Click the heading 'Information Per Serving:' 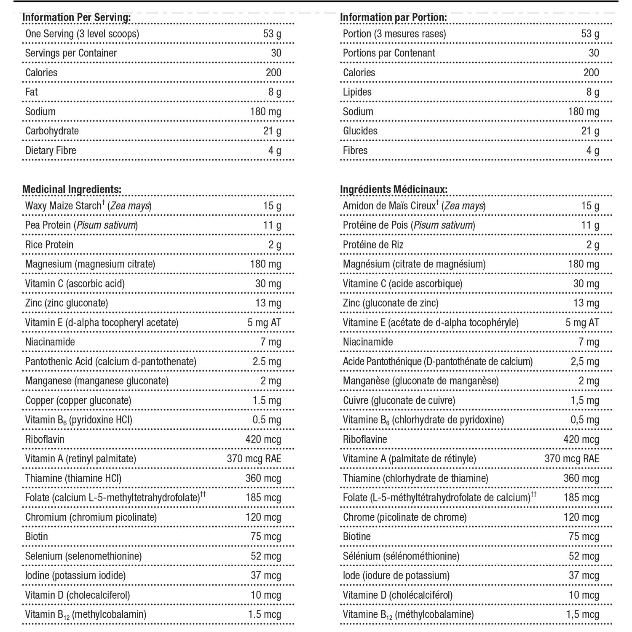click(x=76, y=17)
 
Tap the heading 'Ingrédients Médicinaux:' click(x=394, y=190)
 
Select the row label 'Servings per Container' click(x=71, y=53)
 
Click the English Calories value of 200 click(x=273, y=72)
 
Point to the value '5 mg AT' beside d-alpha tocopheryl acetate click(x=264, y=323)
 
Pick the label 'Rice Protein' click(x=49, y=245)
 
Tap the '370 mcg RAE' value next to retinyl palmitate click(x=254, y=459)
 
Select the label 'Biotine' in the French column click(x=357, y=537)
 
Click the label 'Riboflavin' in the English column click(x=45, y=439)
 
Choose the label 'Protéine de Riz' click(x=373, y=245)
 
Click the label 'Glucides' click(x=360, y=131)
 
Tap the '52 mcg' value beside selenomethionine click(x=266, y=556)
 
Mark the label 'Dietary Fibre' click(x=51, y=150)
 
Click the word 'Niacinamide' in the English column click(x=50, y=342)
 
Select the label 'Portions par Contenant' click(x=389, y=53)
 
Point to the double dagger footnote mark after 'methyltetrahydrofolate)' click(x=203, y=494)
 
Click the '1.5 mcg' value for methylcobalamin click(x=265, y=615)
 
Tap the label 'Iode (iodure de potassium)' click(x=396, y=576)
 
